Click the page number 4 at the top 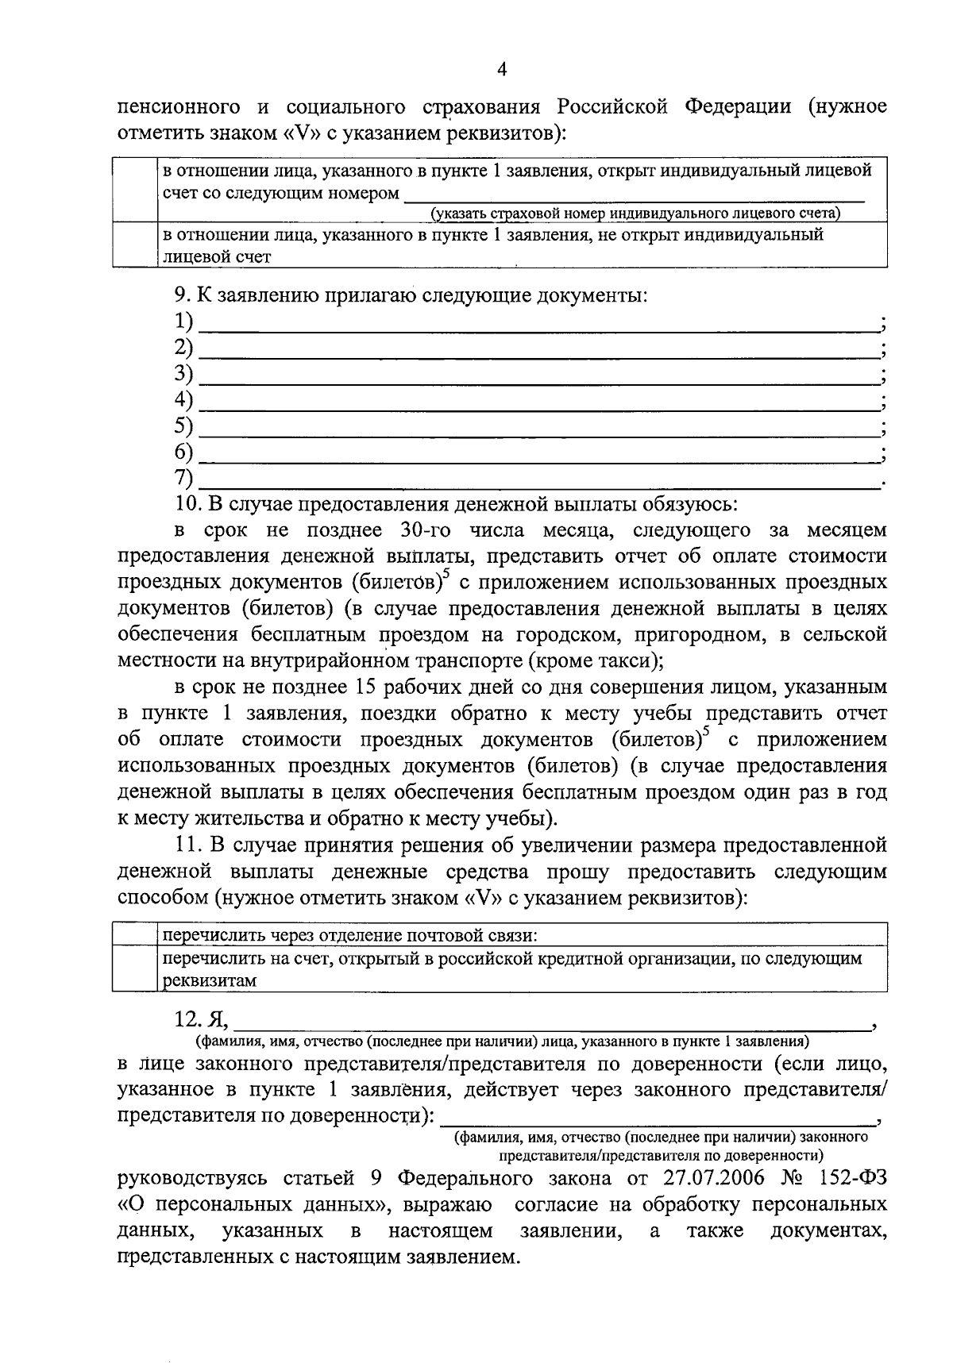coord(501,69)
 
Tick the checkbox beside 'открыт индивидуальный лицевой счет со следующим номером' coord(135,190)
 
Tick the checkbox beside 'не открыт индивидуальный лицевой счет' coord(135,244)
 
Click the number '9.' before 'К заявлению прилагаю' coord(183,296)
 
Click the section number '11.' coord(189,844)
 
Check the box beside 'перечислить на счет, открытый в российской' coord(132,968)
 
